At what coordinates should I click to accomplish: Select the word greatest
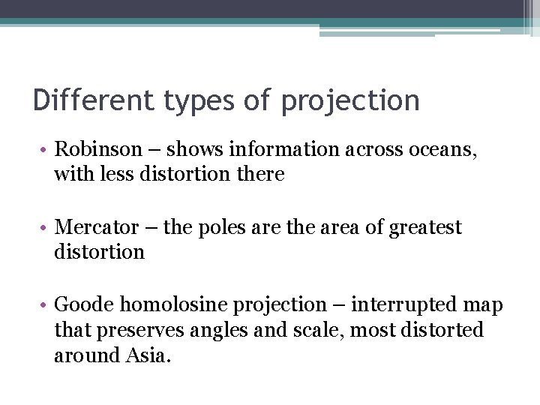coord(425,228)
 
